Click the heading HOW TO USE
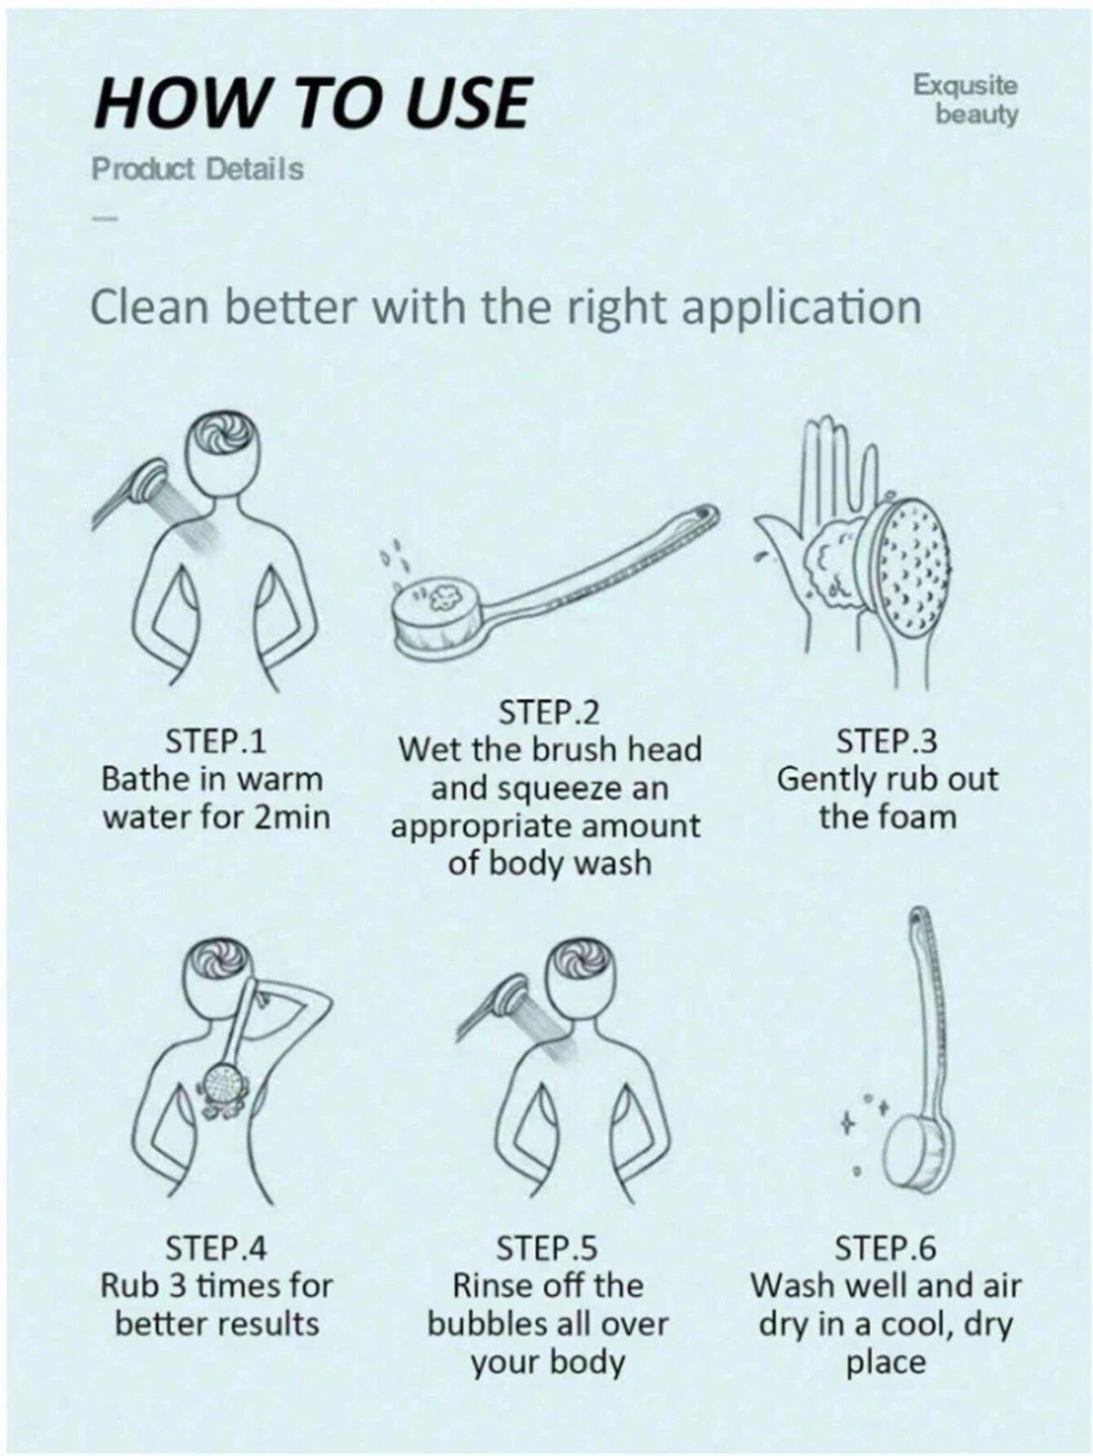[312, 103]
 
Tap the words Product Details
[197, 169]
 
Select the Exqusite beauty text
[966, 99]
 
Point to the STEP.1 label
[216, 741]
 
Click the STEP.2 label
[549, 713]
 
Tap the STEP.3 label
[886, 741]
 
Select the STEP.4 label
[216, 1249]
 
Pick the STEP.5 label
[547, 1249]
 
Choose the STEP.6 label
[886, 1249]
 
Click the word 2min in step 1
[292, 817]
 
